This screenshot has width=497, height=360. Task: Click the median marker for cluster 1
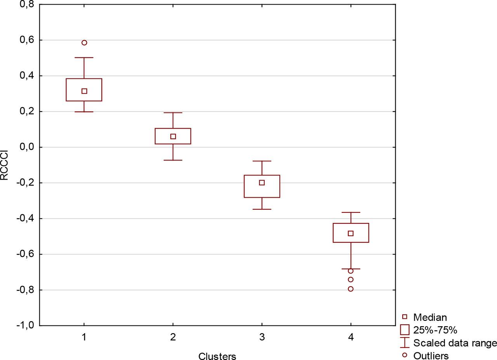(x=84, y=91)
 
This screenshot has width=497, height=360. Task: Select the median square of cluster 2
(x=173, y=136)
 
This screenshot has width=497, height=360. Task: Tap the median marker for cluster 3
(x=262, y=183)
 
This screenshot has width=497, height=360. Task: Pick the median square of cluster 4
(x=351, y=233)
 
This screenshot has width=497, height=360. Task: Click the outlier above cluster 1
(x=84, y=43)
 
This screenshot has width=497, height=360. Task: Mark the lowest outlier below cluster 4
(x=351, y=289)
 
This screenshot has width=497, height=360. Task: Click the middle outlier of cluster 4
(x=351, y=280)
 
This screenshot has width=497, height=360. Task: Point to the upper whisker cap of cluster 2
(x=173, y=113)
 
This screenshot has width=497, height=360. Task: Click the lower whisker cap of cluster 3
(x=262, y=209)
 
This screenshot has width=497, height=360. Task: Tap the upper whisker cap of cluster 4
(x=351, y=212)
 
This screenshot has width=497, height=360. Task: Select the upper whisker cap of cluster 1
(x=84, y=57)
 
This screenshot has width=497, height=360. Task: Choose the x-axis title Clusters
(x=217, y=356)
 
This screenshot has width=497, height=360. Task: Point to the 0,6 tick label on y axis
(x=25, y=40)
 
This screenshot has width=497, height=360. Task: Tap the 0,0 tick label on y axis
(x=25, y=147)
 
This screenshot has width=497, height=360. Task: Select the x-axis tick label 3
(x=262, y=337)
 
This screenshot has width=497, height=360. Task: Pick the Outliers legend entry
(x=431, y=355)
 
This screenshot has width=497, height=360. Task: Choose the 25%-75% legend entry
(x=435, y=330)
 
